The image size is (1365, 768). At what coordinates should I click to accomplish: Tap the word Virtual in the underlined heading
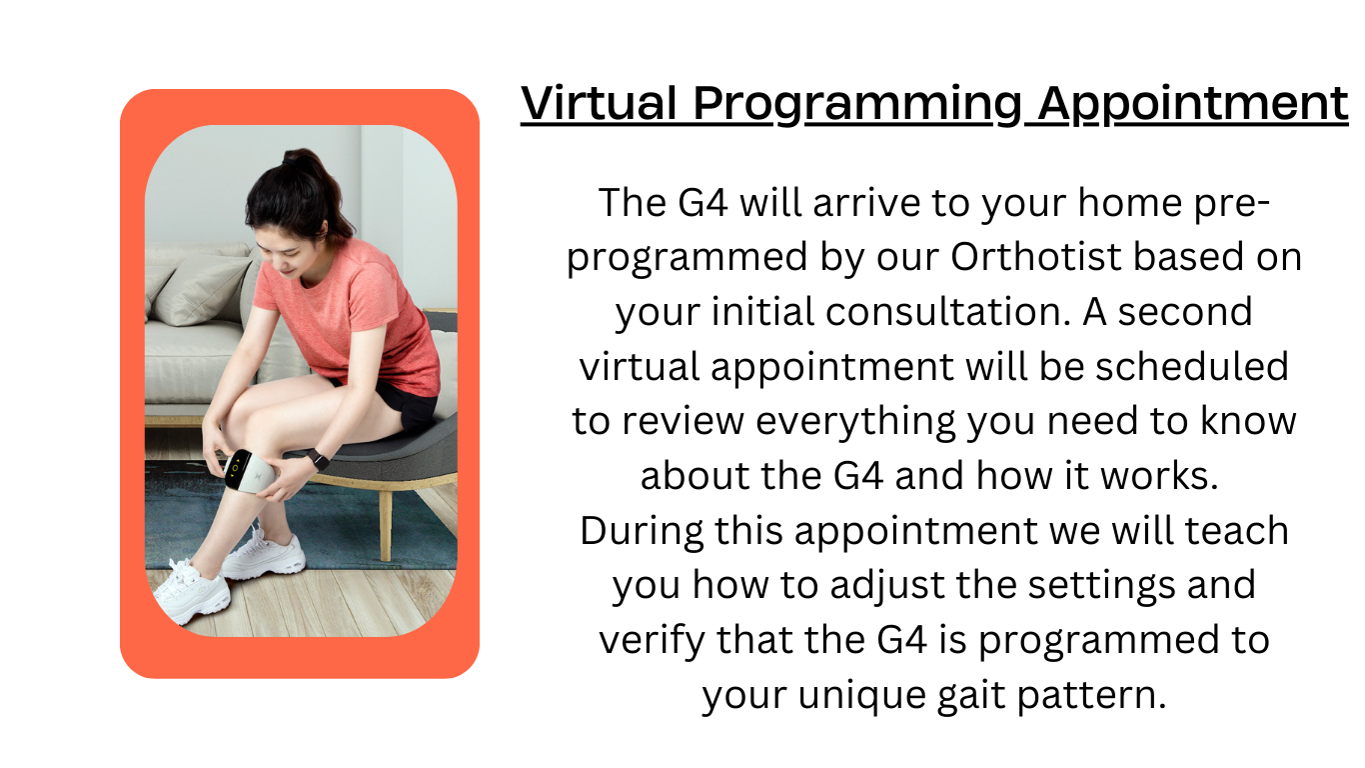click(600, 104)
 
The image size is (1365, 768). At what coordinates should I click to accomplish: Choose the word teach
click(1237, 530)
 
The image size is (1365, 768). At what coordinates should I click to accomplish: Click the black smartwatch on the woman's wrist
click(317, 459)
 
